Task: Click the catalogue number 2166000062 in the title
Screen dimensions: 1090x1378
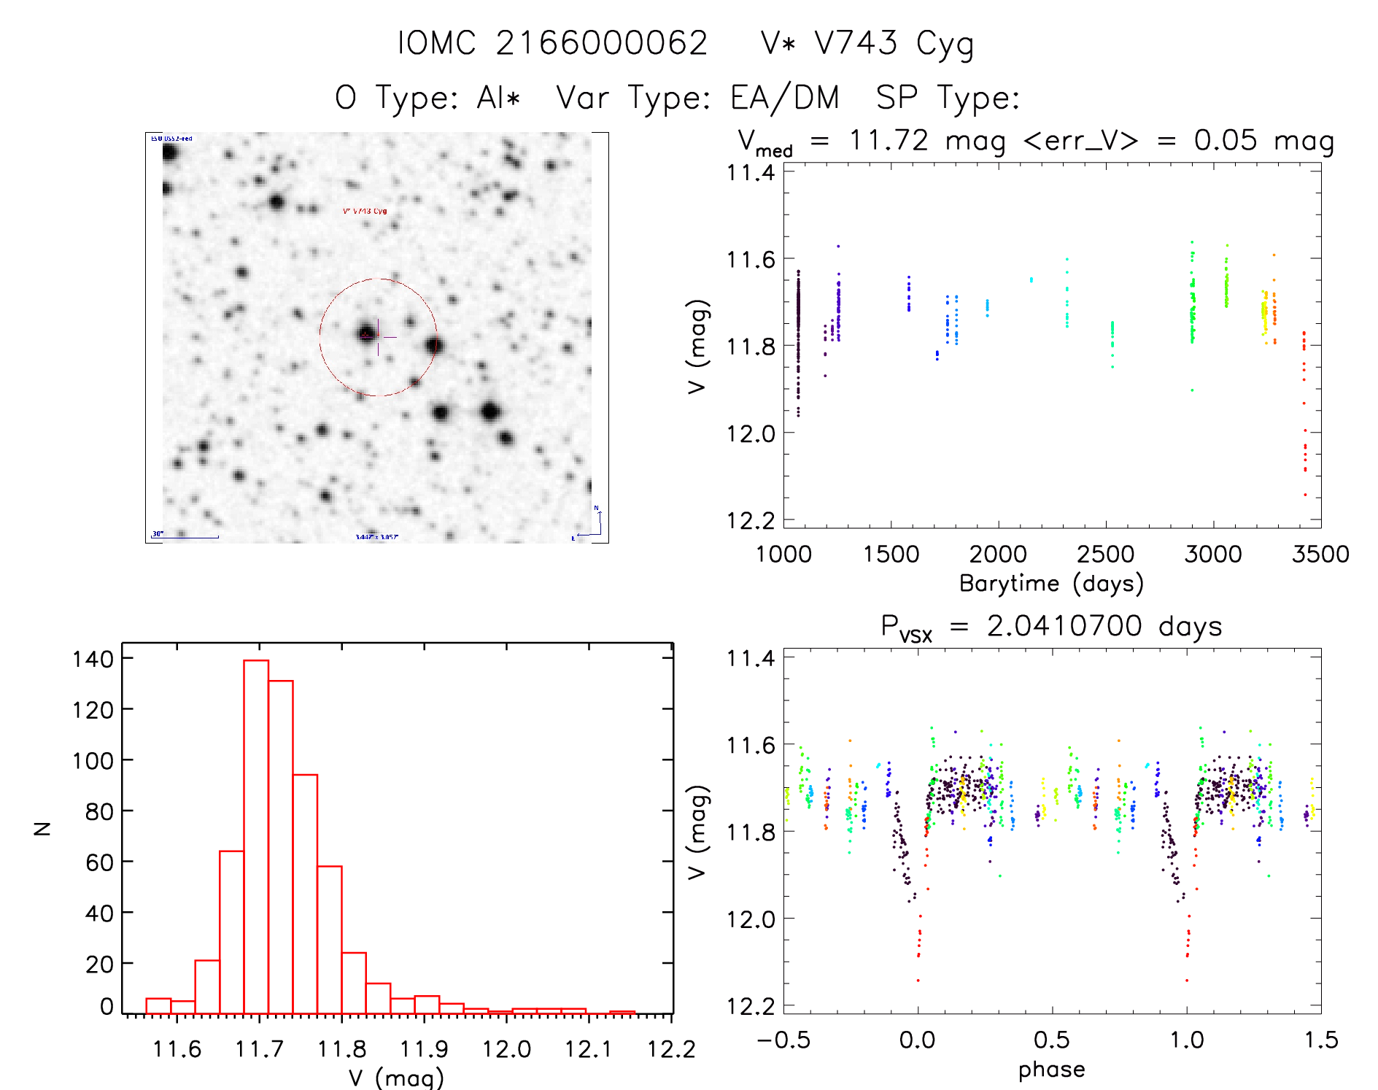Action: click(x=602, y=43)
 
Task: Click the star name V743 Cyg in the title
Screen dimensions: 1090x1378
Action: click(x=894, y=44)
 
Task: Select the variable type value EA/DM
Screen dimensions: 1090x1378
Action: click(x=785, y=97)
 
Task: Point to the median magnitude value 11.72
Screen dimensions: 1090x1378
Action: click(x=889, y=140)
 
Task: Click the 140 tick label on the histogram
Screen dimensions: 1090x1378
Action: click(x=93, y=659)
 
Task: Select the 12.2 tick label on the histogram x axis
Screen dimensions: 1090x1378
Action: click(x=671, y=1049)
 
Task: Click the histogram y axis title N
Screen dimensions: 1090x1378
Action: click(x=43, y=828)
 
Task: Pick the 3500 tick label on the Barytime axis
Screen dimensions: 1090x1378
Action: click(x=1320, y=554)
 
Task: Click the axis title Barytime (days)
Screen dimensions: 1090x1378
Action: click(x=1051, y=584)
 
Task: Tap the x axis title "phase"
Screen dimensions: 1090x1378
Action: click(x=1051, y=1070)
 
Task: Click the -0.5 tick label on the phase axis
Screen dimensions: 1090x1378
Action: click(x=783, y=1040)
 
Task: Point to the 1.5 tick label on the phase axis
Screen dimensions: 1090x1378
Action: click(x=1321, y=1040)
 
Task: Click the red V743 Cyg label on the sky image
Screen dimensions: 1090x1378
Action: click(x=365, y=211)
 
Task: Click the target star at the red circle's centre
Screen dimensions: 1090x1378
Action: click(x=366, y=335)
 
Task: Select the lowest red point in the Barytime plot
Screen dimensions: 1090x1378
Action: click(x=1305, y=495)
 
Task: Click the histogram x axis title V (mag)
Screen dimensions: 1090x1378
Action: click(x=396, y=1078)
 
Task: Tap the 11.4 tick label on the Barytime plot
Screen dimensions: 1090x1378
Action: click(x=750, y=173)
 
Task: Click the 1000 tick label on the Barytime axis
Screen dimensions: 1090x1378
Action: click(x=783, y=554)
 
